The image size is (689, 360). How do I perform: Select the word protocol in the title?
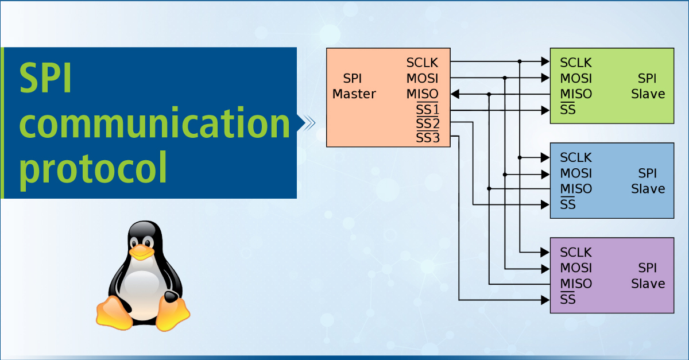tap(94, 168)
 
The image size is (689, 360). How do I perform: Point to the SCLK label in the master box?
tap(422, 63)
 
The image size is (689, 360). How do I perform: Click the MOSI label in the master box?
tap(422, 78)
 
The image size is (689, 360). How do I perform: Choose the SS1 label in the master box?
tap(427, 109)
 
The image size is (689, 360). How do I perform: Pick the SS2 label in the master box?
tap(427, 123)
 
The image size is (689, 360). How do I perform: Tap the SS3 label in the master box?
tap(427, 138)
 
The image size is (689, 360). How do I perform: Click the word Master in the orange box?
tap(354, 94)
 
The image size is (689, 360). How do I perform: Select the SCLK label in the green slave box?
tap(576, 63)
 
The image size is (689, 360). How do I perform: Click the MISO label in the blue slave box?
tap(576, 189)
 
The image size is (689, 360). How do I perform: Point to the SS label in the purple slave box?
tap(568, 299)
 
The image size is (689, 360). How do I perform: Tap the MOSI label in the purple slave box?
tap(576, 268)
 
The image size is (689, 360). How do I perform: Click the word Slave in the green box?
tap(648, 94)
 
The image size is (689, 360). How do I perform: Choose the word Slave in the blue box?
tap(648, 189)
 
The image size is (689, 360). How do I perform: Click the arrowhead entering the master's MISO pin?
tap(454, 94)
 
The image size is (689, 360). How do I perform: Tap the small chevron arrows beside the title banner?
tap(308, 122)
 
